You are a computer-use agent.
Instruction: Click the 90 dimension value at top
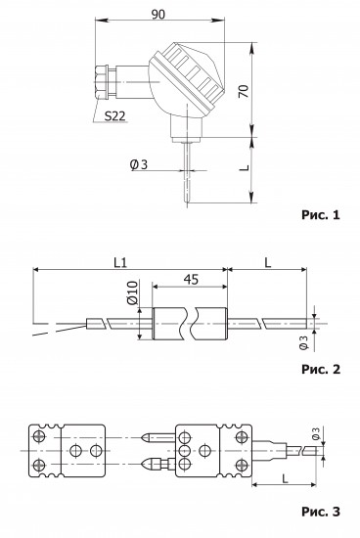(x=157, y=14)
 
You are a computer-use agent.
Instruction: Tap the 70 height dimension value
(x=244, y=91)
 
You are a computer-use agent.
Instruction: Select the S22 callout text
(x=114, y=116)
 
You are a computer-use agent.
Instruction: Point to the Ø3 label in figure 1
(x=139, y=164)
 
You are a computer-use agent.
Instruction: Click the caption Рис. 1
(x=321, y=215)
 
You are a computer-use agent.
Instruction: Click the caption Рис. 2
(x=321, y=369)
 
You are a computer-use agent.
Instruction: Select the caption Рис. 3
(x=321, y=512)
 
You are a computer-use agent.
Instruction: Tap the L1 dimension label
(x=120, y=263)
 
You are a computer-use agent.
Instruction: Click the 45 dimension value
(x=191, y=280)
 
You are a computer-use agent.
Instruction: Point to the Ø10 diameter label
(x=132, y=292)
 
